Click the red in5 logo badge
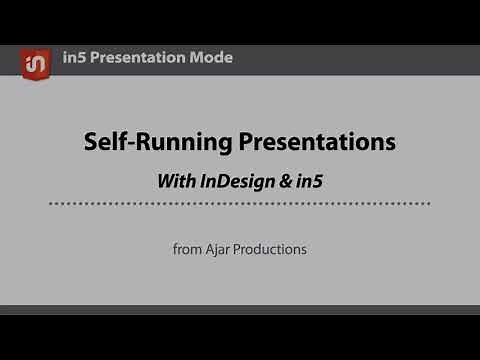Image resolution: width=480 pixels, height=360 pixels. pyautogui.click(x=36, y=62)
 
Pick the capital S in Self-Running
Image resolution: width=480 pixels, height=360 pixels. pyautogui.click(x=91, y=142)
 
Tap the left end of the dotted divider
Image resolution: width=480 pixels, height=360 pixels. pyautogui.click(x=52, y=204)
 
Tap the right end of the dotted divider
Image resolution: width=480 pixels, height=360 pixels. pyautogui.click(x=429, y=204)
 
